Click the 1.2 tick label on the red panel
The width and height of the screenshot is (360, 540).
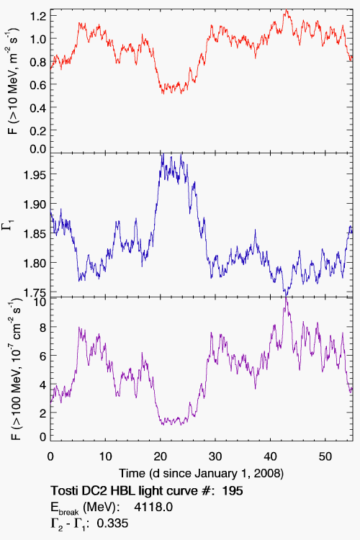coord(38,16)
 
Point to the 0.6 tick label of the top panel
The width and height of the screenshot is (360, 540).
coord(38,85)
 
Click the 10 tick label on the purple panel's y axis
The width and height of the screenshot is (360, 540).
coord(40,302)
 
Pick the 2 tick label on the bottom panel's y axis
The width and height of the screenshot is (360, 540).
coord(42,413)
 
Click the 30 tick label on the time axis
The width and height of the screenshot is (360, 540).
coord(215,456)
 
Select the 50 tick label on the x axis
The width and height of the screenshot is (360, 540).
coord(325,456)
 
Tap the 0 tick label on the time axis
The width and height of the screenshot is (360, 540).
coord(50,456)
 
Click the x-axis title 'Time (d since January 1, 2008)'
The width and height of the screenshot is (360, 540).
coord(201,474)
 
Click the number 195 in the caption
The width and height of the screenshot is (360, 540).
coord(233,490)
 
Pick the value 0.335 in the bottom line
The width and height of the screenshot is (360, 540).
coord(112,523)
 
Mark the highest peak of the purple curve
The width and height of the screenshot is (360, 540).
coord(286,298)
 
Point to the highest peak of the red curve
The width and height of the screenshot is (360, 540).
coord(286,11)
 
